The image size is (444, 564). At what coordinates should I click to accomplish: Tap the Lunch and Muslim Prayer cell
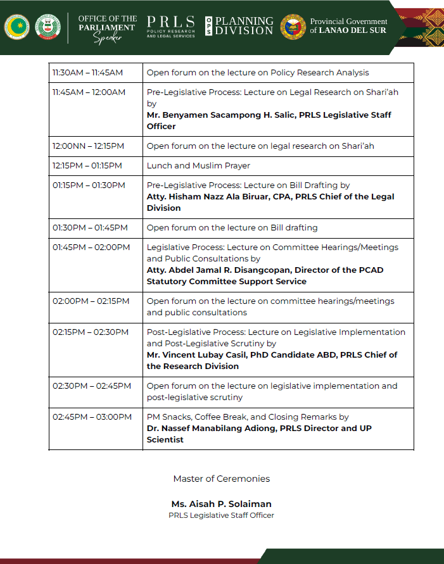click(x=198, y=166)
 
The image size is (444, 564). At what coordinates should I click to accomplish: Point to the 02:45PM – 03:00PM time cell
click(x=92, y=417)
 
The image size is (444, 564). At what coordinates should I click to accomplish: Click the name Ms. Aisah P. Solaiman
click(x=221, y=504)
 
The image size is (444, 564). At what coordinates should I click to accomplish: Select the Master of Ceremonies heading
click(x=221, y=479)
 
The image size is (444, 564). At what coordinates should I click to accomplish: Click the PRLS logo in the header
click(x=170, y=26)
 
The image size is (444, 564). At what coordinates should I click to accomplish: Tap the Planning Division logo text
click(x=244, y=26)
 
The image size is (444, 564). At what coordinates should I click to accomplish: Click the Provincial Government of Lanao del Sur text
click(x=348, y=26)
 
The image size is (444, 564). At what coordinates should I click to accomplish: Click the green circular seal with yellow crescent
click(x=16, y=27)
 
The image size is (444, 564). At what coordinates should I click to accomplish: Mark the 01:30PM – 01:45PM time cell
click(x=90, y=228)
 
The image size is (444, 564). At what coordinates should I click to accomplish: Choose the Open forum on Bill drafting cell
click(x=232, y=228)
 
